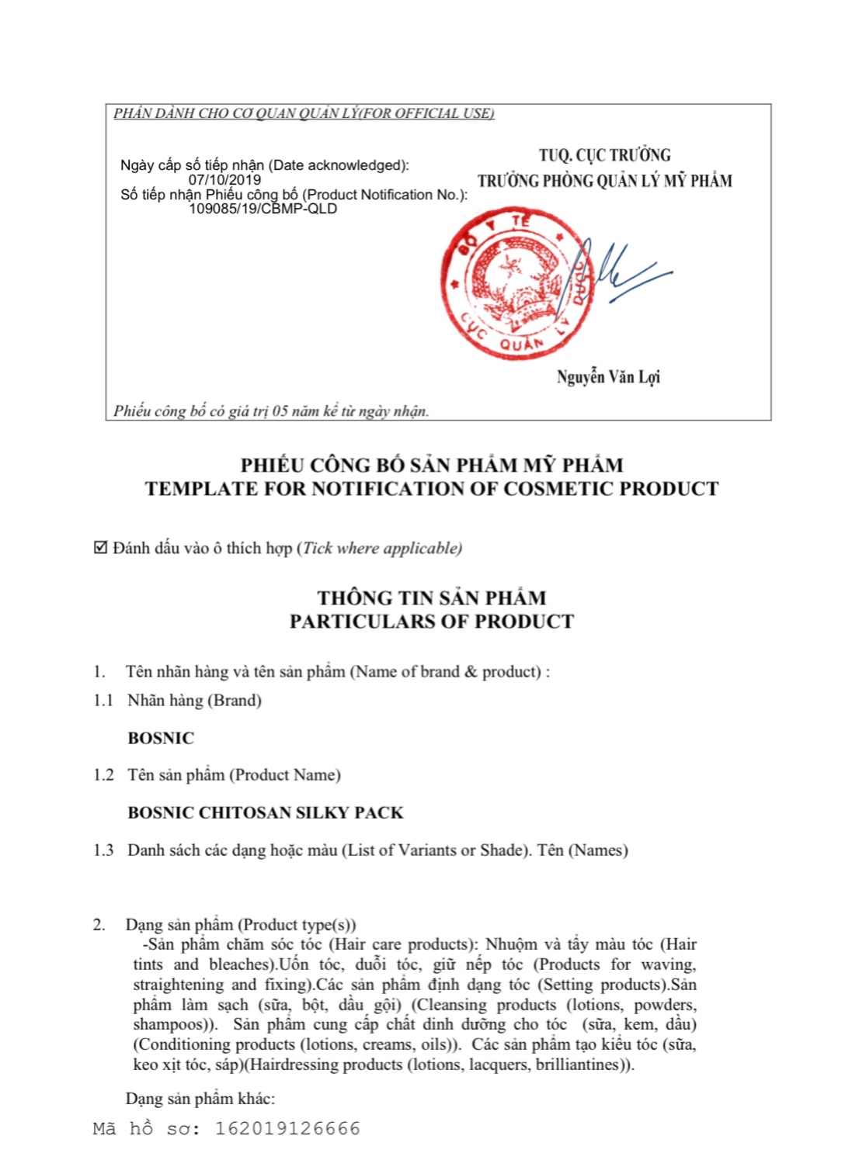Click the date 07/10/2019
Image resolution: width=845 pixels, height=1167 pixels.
pos(224,179)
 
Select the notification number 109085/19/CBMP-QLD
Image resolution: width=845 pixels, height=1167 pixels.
pos(263,208)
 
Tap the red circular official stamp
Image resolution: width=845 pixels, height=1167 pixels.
pos(516,283)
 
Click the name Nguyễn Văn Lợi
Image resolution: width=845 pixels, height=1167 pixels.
pos(608,377)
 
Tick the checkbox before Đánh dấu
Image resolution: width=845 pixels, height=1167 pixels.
pos(100,548)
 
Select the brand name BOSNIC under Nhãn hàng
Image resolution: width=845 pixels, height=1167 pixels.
pos(161,738)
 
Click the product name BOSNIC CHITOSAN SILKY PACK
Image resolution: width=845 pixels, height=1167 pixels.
pos(266,812)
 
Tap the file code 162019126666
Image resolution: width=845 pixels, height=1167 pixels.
pos(287,1128)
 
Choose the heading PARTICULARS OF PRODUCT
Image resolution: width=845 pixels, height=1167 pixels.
pos(432,622)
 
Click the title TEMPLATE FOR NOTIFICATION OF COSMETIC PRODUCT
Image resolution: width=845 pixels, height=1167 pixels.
pos(432,489)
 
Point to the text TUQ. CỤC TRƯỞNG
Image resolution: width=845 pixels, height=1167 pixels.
pos(605,155)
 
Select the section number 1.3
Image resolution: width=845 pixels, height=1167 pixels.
pos(103,850)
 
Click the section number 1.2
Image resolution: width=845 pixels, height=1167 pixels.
pos(103,775)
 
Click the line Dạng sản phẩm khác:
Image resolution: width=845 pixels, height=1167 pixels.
pos(200,1099)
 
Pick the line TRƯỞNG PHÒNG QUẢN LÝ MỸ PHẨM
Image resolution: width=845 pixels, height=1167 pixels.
pos(605,181)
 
